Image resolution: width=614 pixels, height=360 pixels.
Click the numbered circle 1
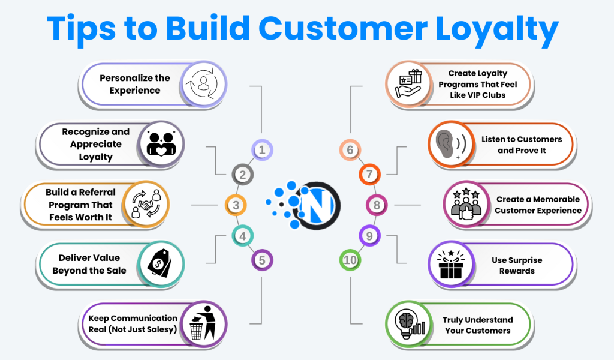[262, 150]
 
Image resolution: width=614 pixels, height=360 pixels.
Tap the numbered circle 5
[262, 260]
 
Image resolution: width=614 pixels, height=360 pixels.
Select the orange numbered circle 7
[369, 175]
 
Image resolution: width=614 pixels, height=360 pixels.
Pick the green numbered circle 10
[351, 260]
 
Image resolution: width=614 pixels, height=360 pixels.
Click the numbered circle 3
[236, 205]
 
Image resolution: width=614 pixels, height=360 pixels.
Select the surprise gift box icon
[451, 264]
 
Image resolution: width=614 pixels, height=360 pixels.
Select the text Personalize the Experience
[135, 84]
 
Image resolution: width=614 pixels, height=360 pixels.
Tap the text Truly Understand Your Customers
[477, 325]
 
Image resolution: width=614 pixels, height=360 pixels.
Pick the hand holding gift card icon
[408, 84]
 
